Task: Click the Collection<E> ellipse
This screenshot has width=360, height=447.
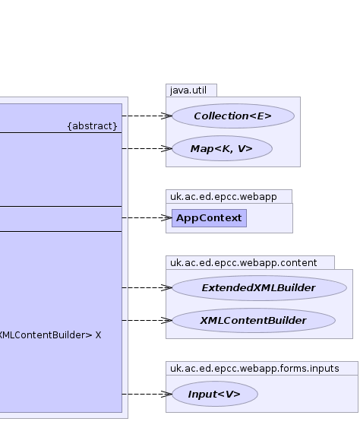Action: point(233,116)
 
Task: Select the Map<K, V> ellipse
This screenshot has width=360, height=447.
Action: point(222,148)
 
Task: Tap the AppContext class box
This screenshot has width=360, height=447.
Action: point(209,218)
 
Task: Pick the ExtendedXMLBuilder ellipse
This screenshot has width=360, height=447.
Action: point(260,288)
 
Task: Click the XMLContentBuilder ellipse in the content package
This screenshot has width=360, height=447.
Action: point(254,321)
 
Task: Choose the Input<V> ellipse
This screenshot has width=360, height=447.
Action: point(215,394)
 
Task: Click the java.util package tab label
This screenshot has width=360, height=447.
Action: point(188,90)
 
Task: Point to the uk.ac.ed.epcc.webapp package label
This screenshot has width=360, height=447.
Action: point(223,197)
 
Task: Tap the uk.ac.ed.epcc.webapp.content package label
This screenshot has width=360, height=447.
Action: point(244,262)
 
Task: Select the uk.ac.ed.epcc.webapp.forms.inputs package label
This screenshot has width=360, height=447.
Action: point(254,368)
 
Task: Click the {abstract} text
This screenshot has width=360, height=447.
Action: point(93,126)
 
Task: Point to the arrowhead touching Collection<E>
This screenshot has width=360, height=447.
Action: point(166,116)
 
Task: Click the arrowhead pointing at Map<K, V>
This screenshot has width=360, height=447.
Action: point(166,148)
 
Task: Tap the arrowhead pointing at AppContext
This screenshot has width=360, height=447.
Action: point(166,218)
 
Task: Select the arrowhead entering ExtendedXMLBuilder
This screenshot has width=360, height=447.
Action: point(166,288)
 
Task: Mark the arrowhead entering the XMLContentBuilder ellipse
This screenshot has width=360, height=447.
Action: point(166,321)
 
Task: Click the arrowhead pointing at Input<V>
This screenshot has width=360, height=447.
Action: point(166,394)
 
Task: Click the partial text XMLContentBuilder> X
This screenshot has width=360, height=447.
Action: point(50,335)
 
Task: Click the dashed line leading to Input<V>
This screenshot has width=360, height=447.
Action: point(147,394)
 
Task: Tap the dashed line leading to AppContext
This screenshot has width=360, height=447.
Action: point(147,218)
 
